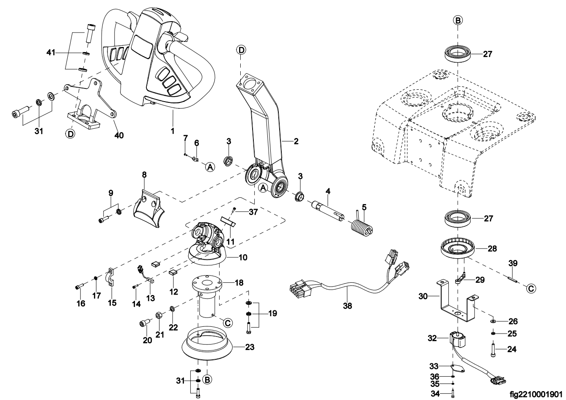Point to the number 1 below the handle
[173, 132]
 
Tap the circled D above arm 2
[241, 50]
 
